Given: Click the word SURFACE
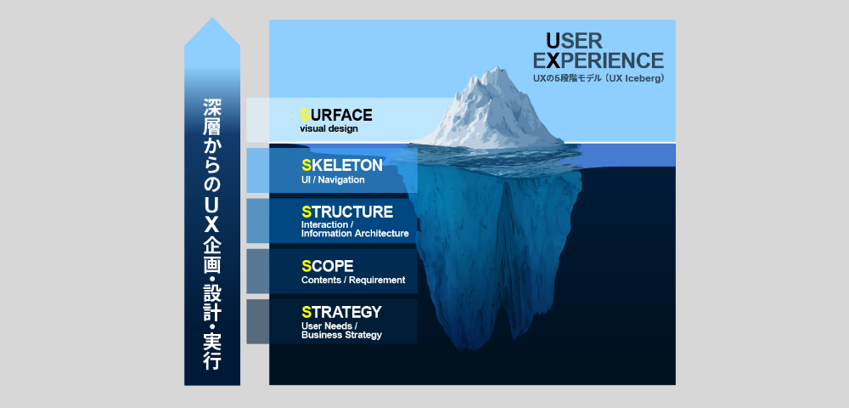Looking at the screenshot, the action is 335,115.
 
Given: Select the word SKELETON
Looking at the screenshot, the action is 341,165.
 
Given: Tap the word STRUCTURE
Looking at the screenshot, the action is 347,212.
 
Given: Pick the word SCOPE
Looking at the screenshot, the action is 327,266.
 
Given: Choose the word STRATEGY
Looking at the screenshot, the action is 341,312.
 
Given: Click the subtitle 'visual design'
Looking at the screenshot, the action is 329,129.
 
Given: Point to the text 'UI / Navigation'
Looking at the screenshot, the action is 333,180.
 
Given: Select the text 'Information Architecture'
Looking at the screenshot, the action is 355,234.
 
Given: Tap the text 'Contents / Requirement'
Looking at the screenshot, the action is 353,280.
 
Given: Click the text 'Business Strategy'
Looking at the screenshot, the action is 341,335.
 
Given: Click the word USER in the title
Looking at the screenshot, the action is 574,41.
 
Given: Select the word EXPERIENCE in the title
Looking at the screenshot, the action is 598,60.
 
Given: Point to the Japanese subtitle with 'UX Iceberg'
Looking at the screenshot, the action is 599,78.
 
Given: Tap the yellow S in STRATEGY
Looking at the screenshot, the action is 306,312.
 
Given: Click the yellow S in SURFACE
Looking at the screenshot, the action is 305,115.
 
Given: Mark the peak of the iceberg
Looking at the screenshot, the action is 494,68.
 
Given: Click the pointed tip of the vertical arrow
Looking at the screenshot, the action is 212,18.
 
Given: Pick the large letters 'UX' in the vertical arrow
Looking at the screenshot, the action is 212,212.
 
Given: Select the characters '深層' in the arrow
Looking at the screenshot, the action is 212,116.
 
